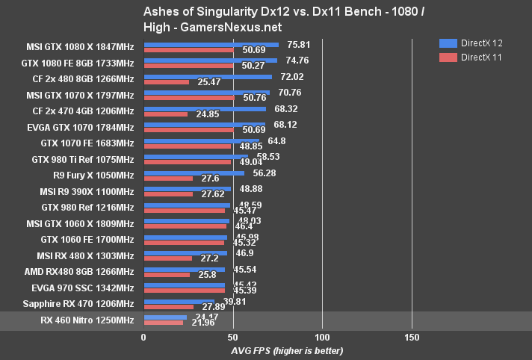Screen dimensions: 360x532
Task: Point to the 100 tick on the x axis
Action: point(322,337)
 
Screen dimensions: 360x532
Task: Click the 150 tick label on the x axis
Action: point(412,337)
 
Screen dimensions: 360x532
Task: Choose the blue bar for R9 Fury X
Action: point(194,173)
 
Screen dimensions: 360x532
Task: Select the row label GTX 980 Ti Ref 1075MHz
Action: point(83,159)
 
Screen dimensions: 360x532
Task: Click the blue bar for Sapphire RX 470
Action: point(179,302)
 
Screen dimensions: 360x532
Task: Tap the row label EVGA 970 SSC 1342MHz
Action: point(82,288)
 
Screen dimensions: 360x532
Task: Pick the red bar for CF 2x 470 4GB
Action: point(165,114)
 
